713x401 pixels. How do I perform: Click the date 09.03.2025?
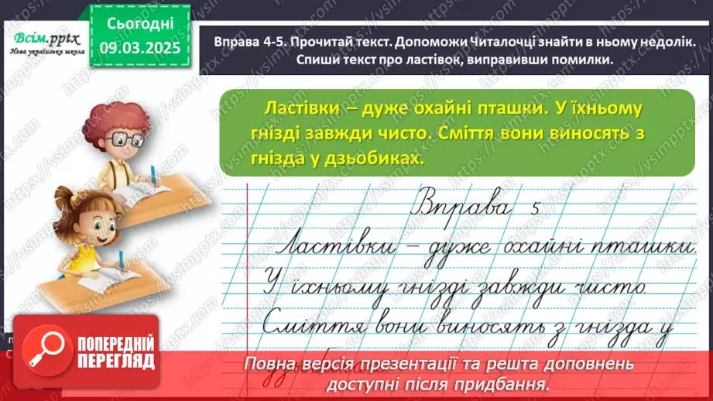[142, 48]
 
